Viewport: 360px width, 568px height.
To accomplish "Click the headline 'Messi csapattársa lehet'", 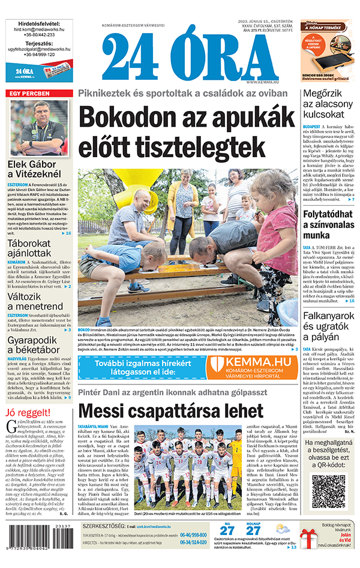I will (170, 411).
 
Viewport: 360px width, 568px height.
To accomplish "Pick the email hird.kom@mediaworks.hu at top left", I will (38, 28).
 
